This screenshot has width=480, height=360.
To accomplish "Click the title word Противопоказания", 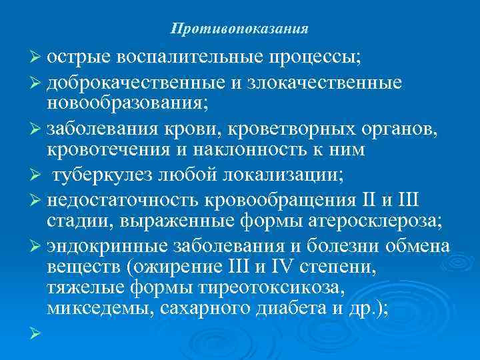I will (x=239, y=29).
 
